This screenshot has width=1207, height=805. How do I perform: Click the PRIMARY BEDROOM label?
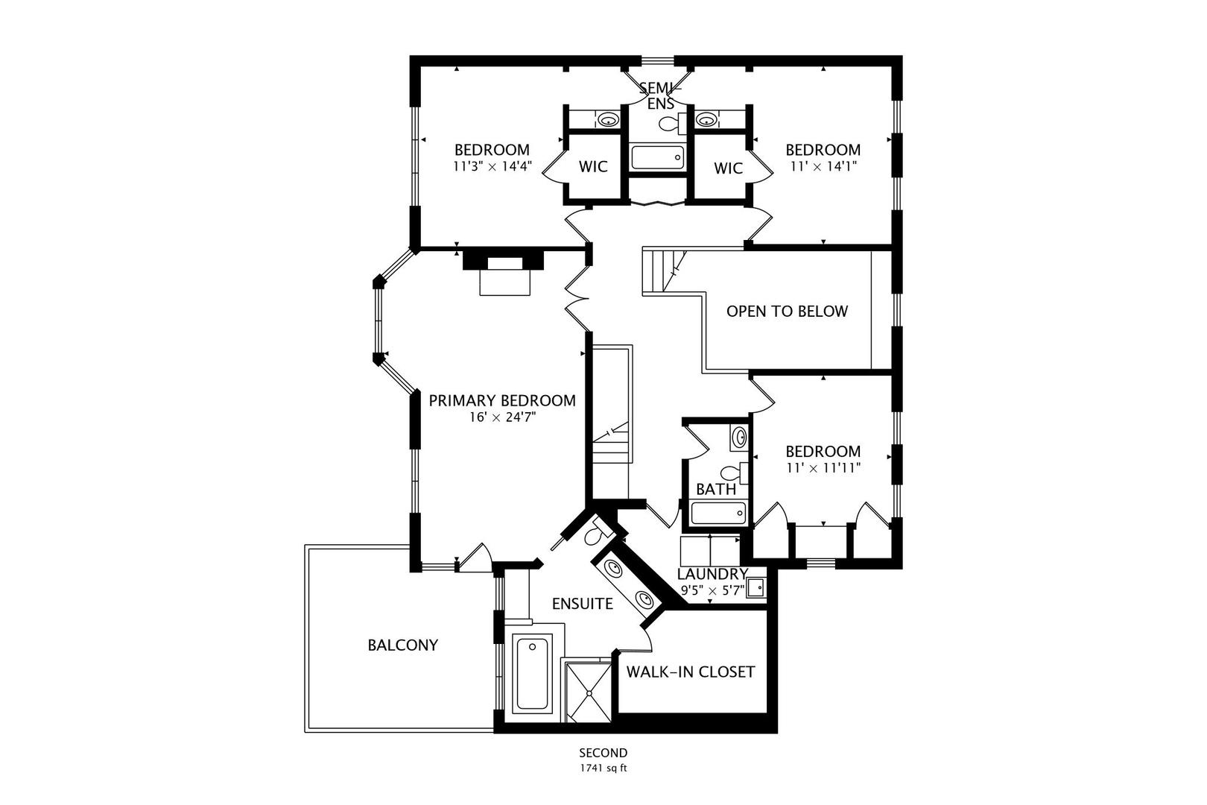tap(502, 400)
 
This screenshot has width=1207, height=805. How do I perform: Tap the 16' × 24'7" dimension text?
tap(502, 417)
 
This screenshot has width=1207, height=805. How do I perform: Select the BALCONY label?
tap(402, 645)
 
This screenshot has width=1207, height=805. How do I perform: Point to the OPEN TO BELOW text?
tap(787, 311)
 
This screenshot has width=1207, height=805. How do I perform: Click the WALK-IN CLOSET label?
tap(690, 672)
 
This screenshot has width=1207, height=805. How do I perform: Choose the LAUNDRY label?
tap(712, 574)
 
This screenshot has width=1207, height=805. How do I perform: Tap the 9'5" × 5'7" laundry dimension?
tap(712, 590)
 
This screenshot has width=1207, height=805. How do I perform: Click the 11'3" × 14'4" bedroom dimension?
tap(492, 166)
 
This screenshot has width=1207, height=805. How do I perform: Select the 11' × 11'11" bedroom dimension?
tap(823, 468)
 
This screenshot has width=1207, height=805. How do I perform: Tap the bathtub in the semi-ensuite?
tap(657, 157)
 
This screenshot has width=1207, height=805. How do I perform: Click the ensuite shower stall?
tap(589, 692)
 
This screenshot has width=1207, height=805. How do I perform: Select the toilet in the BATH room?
tap(734, 473)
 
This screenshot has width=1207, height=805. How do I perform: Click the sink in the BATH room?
tap(739, 438)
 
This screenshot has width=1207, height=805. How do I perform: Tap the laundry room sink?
tap(755, 587)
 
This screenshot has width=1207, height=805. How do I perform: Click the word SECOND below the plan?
tap(603, 753)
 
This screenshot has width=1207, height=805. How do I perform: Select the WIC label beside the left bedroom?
tap(593, 167)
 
